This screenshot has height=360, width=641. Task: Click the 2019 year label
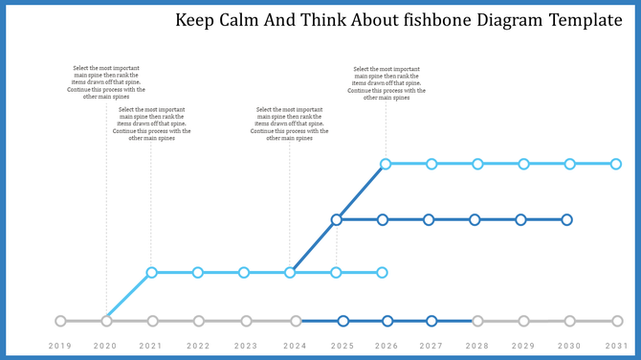coord(60,346)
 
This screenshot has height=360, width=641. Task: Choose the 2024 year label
coord(295,346)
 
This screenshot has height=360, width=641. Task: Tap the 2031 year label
coord(617,346)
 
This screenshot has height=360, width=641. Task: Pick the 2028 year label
coord(477,346)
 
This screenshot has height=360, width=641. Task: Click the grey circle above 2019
coord(60,321)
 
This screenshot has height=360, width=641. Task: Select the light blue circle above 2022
coord(198,273)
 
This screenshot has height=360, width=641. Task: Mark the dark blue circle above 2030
coord(566,220)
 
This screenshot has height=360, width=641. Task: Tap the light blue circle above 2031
coord(616,164)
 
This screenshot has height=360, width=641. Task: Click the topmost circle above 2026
coord(386,164)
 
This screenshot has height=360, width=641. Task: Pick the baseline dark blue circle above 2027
coord(431,321)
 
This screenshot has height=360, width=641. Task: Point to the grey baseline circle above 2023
coord(246,321)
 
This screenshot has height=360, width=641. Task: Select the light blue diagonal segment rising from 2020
coord(129,297)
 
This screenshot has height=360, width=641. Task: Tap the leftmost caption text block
coord(106,81)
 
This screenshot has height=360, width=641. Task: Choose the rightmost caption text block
coord(387,83)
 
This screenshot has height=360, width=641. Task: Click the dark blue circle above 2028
coord(475,220)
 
